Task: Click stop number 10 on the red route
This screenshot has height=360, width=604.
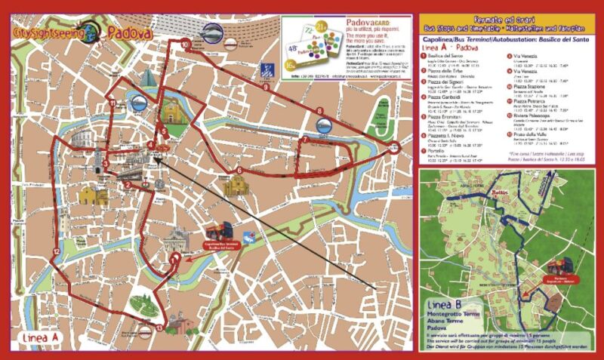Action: (186, 45)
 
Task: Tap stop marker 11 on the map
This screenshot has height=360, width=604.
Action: (112, 103)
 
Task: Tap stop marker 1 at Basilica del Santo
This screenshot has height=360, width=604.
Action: (174, 259)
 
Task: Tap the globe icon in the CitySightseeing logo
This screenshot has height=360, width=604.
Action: (91, 31)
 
